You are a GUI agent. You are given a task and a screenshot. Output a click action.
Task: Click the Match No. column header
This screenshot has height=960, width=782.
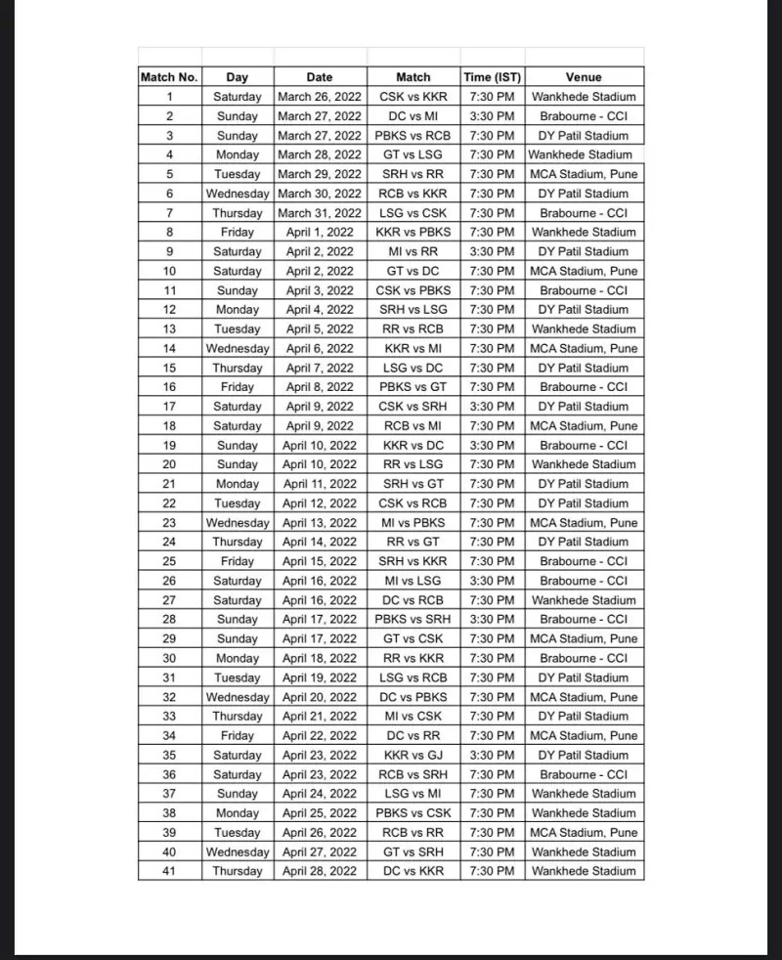(x=170, y=77)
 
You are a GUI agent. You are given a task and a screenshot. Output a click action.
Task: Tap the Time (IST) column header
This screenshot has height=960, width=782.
(x=493, y=77)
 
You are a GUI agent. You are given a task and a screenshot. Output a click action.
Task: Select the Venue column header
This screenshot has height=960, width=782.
(x=584, y=77)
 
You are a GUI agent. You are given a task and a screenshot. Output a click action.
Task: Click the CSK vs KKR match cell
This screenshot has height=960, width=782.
(x=413, y=97)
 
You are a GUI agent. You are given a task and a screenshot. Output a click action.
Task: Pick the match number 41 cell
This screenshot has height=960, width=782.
(x=170, y=871)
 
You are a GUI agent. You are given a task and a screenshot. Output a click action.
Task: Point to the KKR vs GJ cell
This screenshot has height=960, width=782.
(x=413, y=755)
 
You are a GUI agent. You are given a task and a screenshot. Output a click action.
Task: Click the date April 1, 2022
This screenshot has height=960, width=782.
(x=320, y=233)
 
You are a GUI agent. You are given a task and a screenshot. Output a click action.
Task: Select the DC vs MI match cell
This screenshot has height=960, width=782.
(x=413, y=116)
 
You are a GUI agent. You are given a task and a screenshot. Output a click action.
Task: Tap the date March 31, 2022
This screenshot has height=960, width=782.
(x=320, y=213)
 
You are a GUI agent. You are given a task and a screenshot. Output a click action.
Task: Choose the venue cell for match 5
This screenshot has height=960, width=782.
(x=584, y=174)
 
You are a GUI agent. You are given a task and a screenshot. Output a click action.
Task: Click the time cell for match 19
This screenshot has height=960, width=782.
(x=493, y=445)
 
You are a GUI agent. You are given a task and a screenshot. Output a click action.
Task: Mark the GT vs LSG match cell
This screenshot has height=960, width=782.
(x=413, y=154)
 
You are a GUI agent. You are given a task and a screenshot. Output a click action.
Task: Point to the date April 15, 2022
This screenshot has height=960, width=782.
(x=320, y=561)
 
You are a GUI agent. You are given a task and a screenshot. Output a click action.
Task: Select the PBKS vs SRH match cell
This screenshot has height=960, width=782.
(x=413, y=620)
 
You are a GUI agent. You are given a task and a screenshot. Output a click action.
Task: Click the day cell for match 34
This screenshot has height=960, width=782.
(x=238, y=735)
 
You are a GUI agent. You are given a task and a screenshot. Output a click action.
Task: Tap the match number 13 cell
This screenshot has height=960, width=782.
(x=170, y=329)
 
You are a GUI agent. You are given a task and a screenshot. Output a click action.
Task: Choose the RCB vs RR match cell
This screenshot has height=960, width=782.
(x=413, y=832)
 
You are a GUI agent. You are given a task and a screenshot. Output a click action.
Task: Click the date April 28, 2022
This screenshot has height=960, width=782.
(x=320, y=871)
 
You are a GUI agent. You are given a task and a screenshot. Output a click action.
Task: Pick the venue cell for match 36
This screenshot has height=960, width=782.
(x=584, y=774)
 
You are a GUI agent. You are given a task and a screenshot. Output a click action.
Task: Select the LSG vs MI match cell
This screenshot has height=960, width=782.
(x=413, y=794)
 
